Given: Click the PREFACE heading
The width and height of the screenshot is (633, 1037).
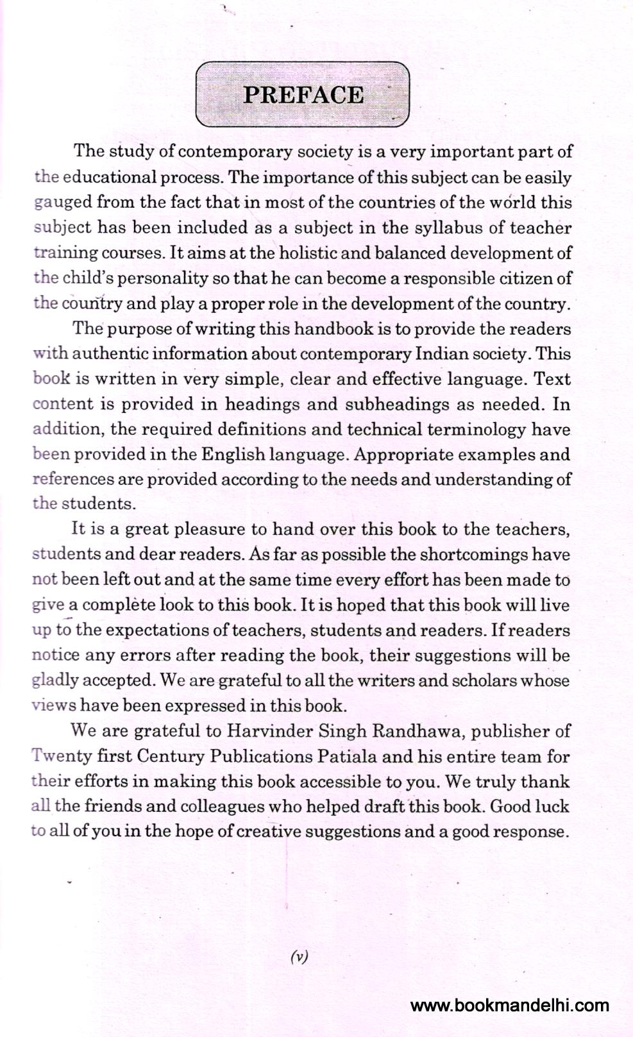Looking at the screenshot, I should (x=303, y=95).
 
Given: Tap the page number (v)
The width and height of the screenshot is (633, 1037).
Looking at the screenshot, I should (x=300, y=957).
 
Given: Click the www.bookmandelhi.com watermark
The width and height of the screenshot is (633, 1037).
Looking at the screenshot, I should (x=510, y=1005).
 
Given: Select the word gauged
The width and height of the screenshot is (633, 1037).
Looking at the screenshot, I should (x=63, y=203).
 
